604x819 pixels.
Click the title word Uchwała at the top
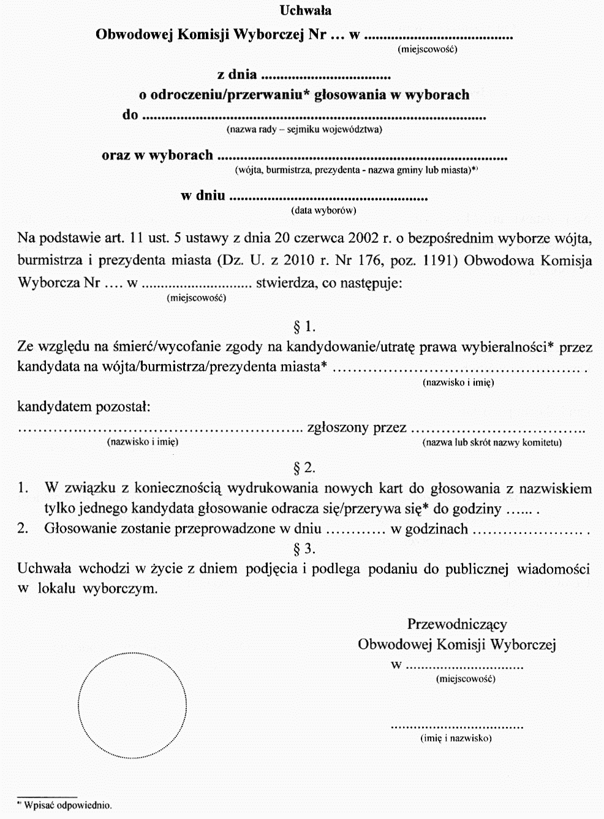[x=304, y=10]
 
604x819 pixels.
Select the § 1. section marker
[x=304, y=326]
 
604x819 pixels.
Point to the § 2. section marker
[x=304, y=468]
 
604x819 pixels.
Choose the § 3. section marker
[x=304, y=547]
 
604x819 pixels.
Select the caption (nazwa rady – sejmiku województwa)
[x=304, y=129]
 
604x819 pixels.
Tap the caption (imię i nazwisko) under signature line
[x=456, y=739]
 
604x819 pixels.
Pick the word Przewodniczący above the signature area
[x=457, y=624]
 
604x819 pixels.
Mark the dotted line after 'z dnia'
[x=326, y=78]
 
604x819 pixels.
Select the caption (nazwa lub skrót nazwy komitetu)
[x=492, y=442]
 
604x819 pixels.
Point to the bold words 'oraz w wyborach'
[x=157, y=156]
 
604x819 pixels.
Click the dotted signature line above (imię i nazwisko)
[x=457, y=728]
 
